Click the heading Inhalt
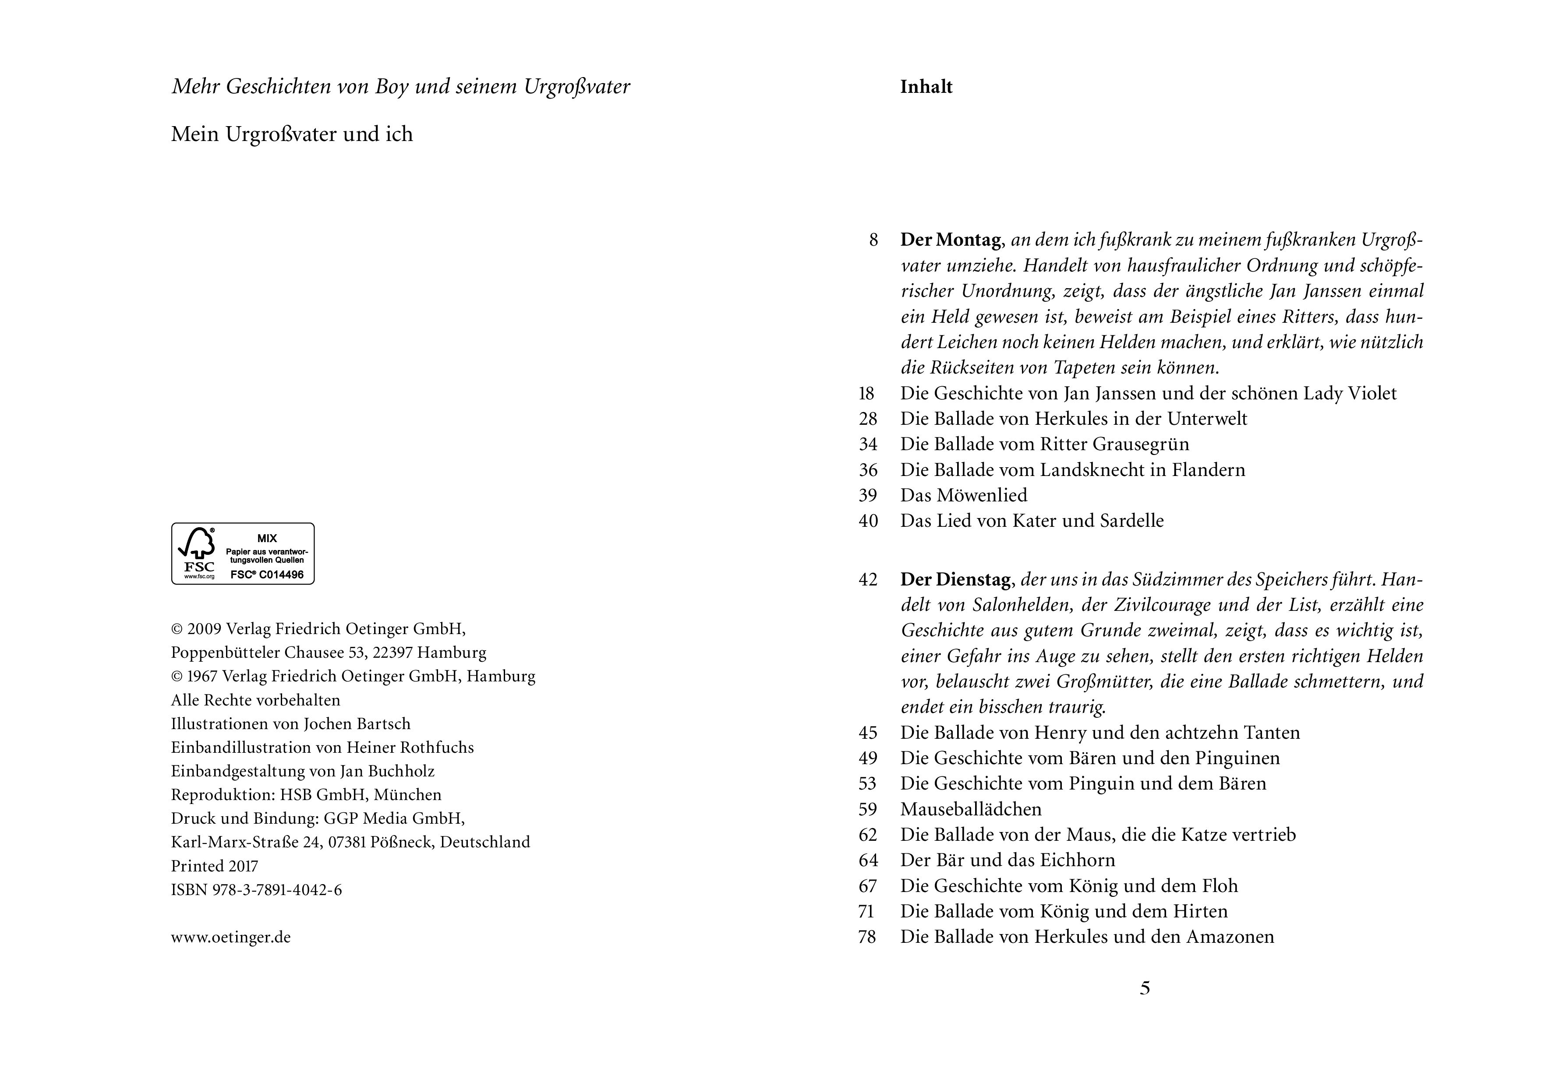click(x=926, y=87)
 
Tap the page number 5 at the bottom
click(x=1144, y=988)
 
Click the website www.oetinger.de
click(x=230, y=937)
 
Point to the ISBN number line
click(x=256, y=890)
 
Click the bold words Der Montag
click(x=951, y=240)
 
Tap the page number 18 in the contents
click(x=866, y=393)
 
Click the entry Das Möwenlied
click(x=963, y=495)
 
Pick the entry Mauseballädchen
click(x=971, y=809)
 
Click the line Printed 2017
click(x=214, y=866)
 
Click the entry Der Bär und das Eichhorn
click(x=1007, y=860)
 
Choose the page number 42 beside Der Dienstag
click(x=867, y=580)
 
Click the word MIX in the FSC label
click(x=267, y=539)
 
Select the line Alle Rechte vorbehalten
click(x=255, y=700)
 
